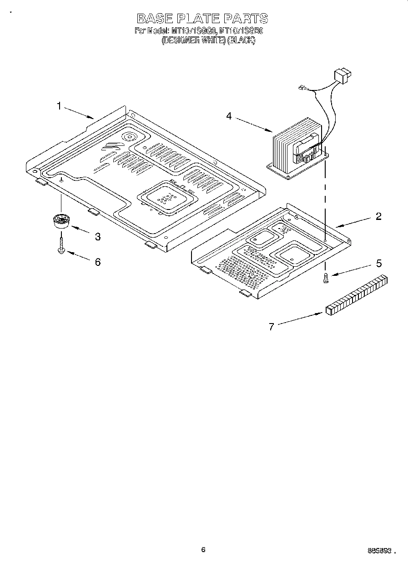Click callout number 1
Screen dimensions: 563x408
tap(59, 106)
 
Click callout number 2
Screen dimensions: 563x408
tap(378, 216)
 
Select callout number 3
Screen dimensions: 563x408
tap(97, 236)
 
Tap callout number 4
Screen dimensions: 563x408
tap(229, 116)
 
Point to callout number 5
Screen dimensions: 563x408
tap(378, 264)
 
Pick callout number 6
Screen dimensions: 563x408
tap(97, 262)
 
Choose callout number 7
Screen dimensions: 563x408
tap(272, 326)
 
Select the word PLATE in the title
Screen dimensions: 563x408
tap(201, 19)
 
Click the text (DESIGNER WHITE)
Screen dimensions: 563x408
tap(194, 40)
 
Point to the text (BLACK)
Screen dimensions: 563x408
tap(241, 40)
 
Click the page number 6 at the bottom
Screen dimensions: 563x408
tap(203, 550)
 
